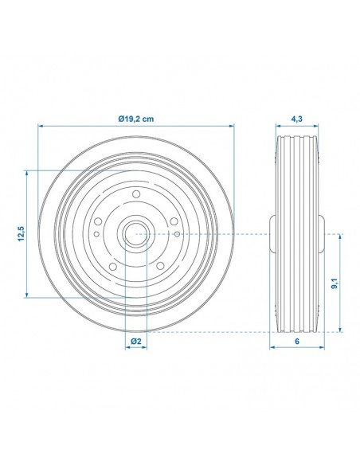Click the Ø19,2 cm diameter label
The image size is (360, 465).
tap(135, 118)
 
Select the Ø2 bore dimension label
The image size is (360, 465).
tap(136, 341)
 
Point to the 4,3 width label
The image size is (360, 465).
tap(296, 118)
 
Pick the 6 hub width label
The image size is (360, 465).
tap(296, 341)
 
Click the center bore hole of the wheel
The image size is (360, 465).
tap(135, 234)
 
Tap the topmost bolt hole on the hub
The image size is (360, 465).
tap(135, 194)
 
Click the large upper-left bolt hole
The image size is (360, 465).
tap(98, 221)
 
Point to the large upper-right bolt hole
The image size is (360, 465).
tap(173, 221)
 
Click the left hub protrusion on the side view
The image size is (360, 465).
tap(272, 234)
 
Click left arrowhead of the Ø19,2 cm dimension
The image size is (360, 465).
tap(40, 126)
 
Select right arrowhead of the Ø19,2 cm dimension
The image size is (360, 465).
tap(233, 126)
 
